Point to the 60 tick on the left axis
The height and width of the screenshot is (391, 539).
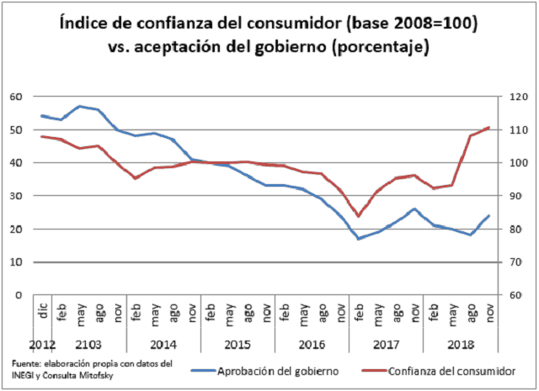(16, 97)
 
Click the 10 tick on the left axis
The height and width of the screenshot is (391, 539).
(16, 262)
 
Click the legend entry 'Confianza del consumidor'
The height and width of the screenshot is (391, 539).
(451, 371)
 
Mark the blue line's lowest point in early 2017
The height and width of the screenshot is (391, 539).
(359, 239)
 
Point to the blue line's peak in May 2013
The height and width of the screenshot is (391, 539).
(80, 106)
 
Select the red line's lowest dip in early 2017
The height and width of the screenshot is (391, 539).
(359, 216)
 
